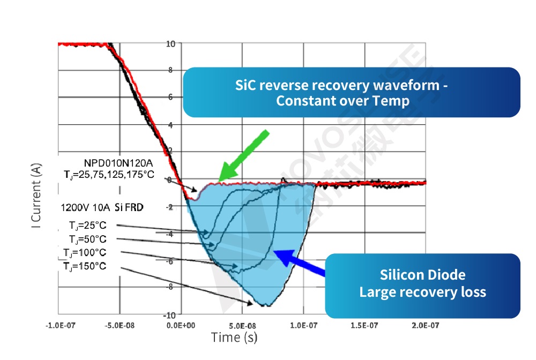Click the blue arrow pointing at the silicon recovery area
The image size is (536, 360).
point(301,262)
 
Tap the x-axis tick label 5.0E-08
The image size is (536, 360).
point(243,325)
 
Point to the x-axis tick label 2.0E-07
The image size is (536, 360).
point(425,325)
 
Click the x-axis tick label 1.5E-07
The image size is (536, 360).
point(364,325)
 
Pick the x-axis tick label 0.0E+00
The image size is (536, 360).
point(182,325)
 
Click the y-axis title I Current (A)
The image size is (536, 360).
point(36,196)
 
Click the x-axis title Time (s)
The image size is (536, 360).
point(234,337)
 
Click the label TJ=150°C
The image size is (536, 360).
point(84,266)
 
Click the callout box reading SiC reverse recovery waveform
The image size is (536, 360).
point(351,92)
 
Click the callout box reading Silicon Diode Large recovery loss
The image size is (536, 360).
point(422,284)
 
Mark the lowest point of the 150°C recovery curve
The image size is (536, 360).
point(266,305)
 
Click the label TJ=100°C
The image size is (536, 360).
point(84,252)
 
